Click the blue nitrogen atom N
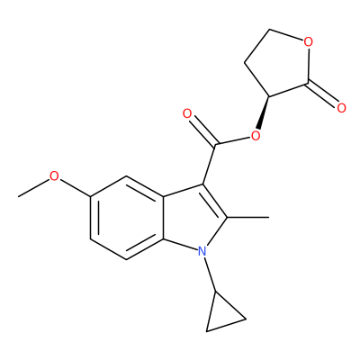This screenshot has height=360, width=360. click(202, 251)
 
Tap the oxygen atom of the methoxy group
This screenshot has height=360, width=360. click(54, 176)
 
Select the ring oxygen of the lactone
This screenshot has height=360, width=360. click(308, 42)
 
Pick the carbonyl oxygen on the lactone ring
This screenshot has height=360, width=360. click(341, 108)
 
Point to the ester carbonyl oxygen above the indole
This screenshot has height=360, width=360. click(187, 114)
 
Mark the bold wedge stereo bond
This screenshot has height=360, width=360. click(264, 112)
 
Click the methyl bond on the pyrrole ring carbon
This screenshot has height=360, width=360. click(248, 217)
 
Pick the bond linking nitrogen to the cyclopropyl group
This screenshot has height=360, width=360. click(211, 274)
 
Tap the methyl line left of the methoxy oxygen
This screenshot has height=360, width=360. click(33, 188)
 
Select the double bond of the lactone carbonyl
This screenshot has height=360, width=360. click(322, 94)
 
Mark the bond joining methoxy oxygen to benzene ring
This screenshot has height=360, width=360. click(76, 188)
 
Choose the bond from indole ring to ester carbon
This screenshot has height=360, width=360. click(210, 164)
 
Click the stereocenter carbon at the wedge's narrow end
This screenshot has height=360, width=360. click(269, 96)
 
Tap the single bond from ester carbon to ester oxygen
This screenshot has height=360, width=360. click(233, 141)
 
